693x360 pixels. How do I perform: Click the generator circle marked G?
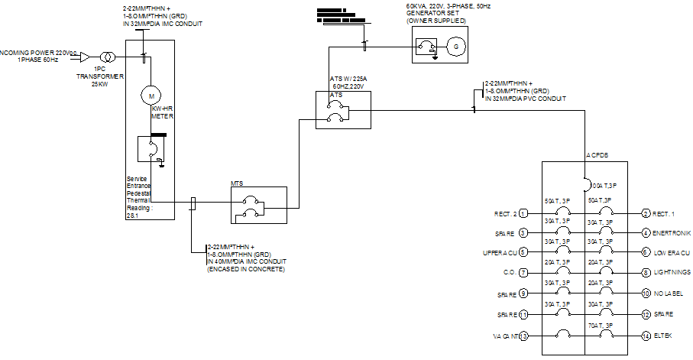point(457,47)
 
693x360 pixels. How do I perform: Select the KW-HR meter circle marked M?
point(151,96)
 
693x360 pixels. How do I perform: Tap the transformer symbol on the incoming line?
point(110,57)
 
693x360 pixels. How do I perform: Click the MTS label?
point(238,183)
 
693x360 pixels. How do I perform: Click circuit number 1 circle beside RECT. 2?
point(523,213)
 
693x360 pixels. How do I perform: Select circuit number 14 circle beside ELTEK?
point(646,336)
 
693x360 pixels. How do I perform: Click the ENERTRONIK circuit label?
point(672,232)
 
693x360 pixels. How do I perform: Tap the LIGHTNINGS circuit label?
point(672,273)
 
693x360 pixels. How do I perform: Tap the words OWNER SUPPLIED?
point(436,21)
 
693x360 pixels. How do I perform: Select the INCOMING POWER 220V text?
point(34,52)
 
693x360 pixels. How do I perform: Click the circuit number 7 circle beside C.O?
point(523,273)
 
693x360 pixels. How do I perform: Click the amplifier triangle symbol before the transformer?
point(86,57)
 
